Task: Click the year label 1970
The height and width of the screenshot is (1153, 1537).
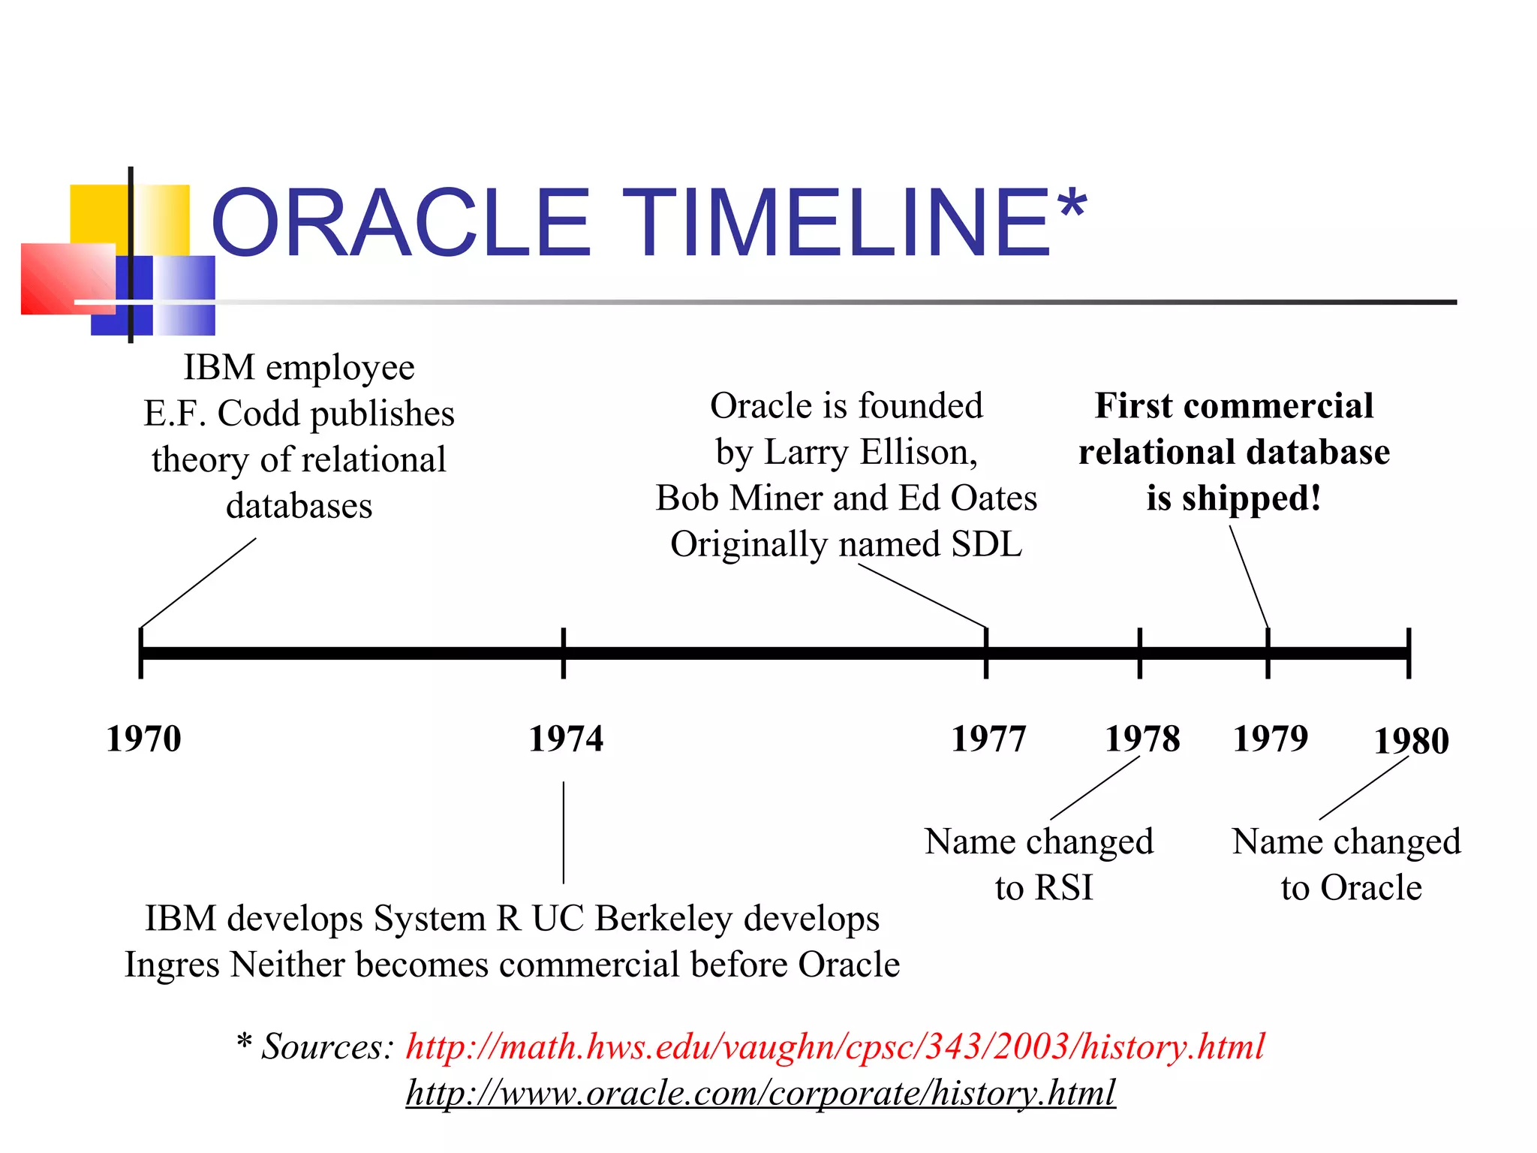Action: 143,739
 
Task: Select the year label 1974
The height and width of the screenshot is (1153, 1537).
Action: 566,739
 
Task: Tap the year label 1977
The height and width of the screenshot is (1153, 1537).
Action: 988,739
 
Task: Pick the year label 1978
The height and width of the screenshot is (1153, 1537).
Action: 1142,739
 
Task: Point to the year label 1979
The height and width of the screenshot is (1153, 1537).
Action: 1271,739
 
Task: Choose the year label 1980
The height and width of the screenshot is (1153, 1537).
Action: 1411,741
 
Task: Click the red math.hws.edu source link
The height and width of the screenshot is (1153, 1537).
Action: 835,1046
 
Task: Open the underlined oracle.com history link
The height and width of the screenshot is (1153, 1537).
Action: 760,1093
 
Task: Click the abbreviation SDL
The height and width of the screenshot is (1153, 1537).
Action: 986,544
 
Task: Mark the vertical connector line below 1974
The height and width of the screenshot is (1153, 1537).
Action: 564,832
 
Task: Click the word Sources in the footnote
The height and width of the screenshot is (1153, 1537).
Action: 326,1046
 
